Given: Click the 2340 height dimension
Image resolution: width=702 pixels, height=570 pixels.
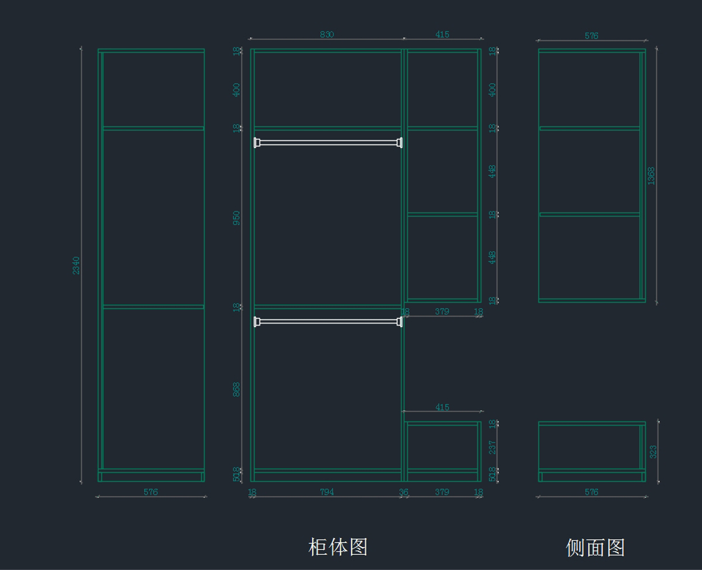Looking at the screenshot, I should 76,265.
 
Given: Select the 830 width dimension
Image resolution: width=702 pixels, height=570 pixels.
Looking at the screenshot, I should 326,35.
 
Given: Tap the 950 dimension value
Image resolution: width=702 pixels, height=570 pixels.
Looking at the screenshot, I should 236,218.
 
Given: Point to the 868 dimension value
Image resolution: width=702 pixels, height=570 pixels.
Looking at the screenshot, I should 236,389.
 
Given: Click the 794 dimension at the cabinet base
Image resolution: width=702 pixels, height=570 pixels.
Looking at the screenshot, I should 326,492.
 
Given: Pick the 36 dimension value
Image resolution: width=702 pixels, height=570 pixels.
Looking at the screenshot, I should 404,492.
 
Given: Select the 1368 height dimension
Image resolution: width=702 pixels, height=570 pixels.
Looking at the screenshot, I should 651,176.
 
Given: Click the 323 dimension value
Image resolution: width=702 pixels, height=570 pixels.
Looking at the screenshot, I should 653,451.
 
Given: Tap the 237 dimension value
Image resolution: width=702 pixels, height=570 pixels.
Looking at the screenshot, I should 493,447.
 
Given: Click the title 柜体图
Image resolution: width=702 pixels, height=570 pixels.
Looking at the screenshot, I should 338,547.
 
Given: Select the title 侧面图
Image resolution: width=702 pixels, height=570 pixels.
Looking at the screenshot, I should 595,548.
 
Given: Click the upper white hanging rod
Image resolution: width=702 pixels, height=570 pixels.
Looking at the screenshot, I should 328,142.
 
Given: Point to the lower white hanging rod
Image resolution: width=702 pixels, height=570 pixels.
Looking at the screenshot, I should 328,321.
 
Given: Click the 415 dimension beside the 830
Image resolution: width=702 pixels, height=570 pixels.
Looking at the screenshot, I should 442,35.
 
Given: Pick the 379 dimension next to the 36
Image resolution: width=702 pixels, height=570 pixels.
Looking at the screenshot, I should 442,492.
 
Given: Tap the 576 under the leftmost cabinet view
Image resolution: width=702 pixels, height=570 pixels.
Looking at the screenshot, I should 151,492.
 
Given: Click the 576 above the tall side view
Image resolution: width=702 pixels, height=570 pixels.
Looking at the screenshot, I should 591,36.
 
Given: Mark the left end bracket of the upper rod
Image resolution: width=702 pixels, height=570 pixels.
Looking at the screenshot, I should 256,142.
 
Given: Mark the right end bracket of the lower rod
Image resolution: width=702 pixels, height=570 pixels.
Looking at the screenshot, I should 400,321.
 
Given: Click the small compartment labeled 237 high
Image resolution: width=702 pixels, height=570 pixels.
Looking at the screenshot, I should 442,447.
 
